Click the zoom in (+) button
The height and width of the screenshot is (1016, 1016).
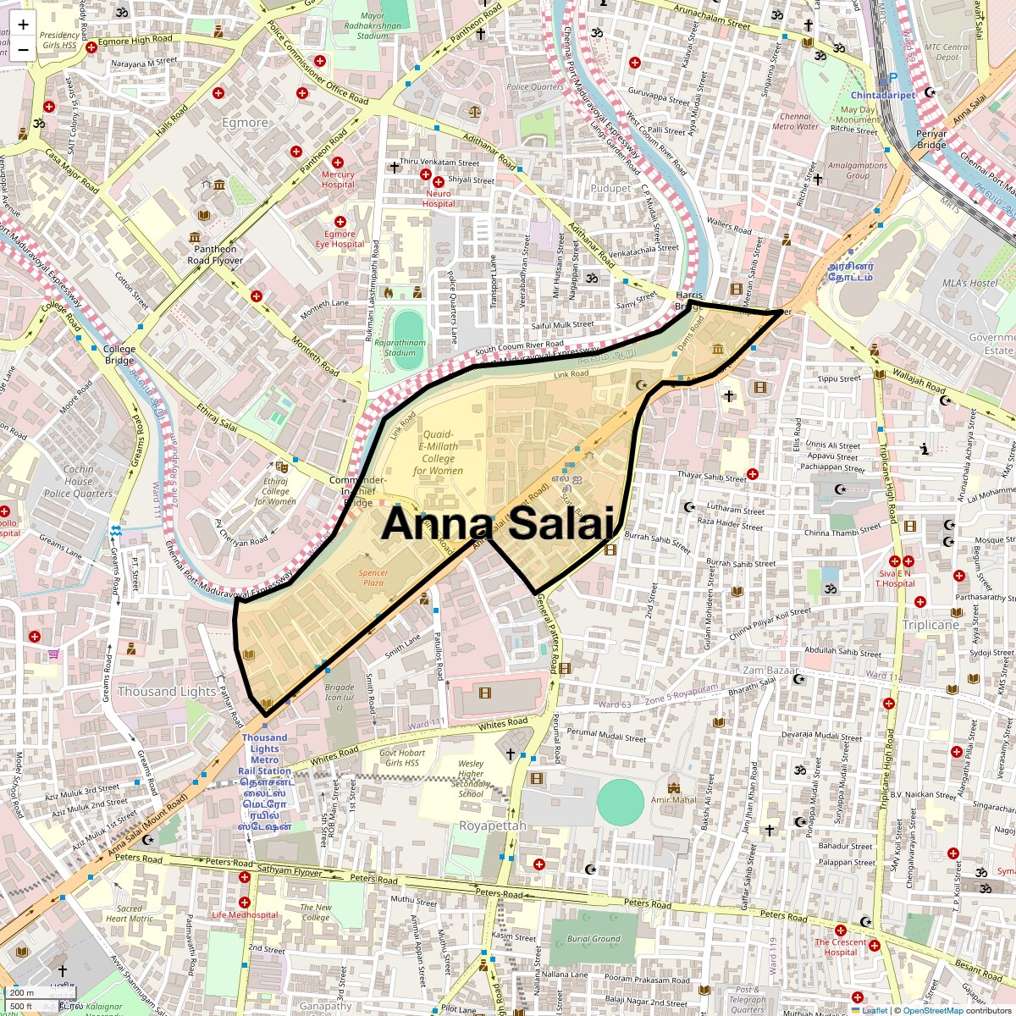point(23,25)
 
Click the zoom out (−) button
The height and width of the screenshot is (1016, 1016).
point(23,49)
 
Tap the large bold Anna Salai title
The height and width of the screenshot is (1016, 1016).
point(497,523)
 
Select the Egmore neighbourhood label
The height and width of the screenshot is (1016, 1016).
point(245,123)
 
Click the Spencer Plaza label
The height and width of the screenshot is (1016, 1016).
point(373,578)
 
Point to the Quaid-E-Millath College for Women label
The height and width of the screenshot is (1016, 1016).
point(438,452)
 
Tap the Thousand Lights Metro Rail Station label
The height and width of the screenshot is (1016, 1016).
point(264,754)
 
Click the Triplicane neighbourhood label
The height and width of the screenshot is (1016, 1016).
point(930,625)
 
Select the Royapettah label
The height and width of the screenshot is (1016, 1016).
point(493,825)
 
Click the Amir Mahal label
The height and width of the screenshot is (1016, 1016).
point(674,799)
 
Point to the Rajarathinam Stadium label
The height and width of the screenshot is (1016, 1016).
point(400,347)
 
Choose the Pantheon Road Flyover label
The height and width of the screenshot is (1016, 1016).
point(215,255)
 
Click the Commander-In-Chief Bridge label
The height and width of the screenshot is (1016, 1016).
point(357,491)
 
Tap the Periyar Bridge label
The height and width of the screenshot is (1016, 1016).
point(931,140)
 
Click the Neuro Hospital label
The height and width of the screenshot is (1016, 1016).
point(439,198)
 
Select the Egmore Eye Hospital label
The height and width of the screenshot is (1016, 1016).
point(340,239)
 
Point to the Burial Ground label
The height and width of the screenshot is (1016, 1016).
point(594,939)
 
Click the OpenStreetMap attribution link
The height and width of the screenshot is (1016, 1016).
point(932,1010)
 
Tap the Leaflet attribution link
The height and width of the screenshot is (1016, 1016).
point(875,1010)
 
